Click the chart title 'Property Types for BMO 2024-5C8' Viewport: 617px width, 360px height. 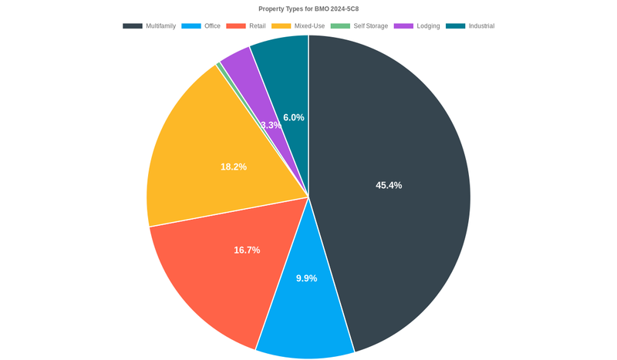(308, 8)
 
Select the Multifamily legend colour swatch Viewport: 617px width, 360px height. (133, 26)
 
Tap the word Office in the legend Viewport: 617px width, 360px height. (212, 26)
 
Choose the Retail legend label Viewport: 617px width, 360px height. (257, 26)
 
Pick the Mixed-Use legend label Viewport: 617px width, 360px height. (309, 26)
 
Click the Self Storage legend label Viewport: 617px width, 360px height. (371, 26)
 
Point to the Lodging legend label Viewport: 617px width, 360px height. (428, 26)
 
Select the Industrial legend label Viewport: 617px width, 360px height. (481, 26)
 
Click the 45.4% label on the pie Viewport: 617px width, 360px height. (389, 185)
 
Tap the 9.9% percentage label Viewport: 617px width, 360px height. (307, 278)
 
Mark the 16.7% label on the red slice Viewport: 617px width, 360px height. (247, 250)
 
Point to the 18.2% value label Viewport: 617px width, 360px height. (234, 167)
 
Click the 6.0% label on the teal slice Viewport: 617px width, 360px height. (294, 117)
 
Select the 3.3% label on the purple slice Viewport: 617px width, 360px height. (270, 125)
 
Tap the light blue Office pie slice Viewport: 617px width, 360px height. (308, 324)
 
